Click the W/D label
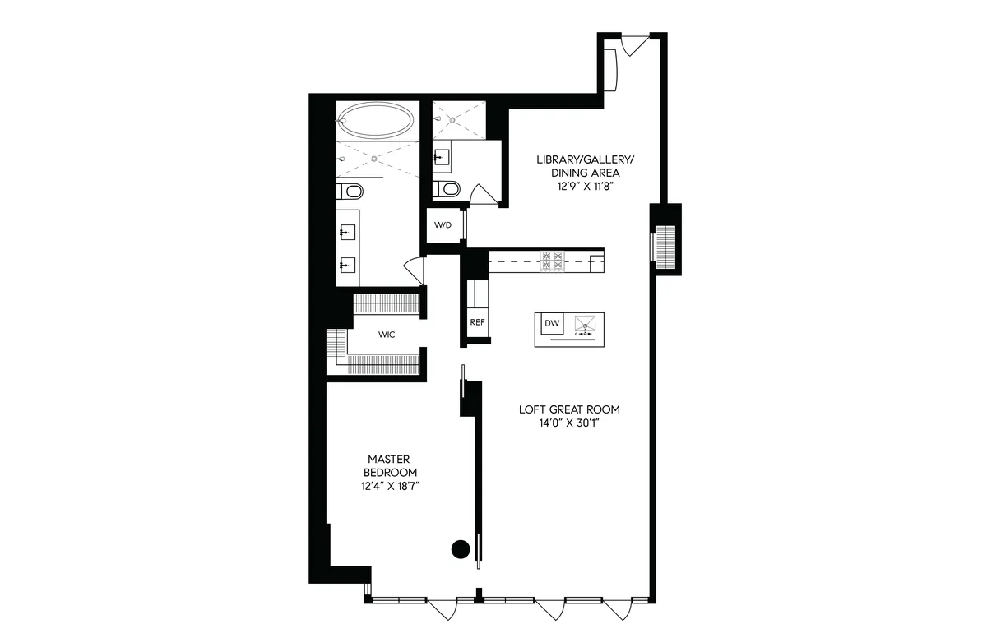click(x=443, y=225)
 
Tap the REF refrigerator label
click(x=476, y=323)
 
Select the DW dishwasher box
click(x=552, y=324)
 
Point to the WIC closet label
click(x=387, y=335)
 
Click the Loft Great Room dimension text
click(x=569, y=423)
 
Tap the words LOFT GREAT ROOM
click(x=569, y=409)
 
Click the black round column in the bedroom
click(x=461, y=548)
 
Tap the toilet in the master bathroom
click(x=351, y=192)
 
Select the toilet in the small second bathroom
click(x=447, y=188)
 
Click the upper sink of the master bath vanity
click(x=346, y=233)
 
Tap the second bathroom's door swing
click(x=482, y=194)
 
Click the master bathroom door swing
click(x=414, y=268)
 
